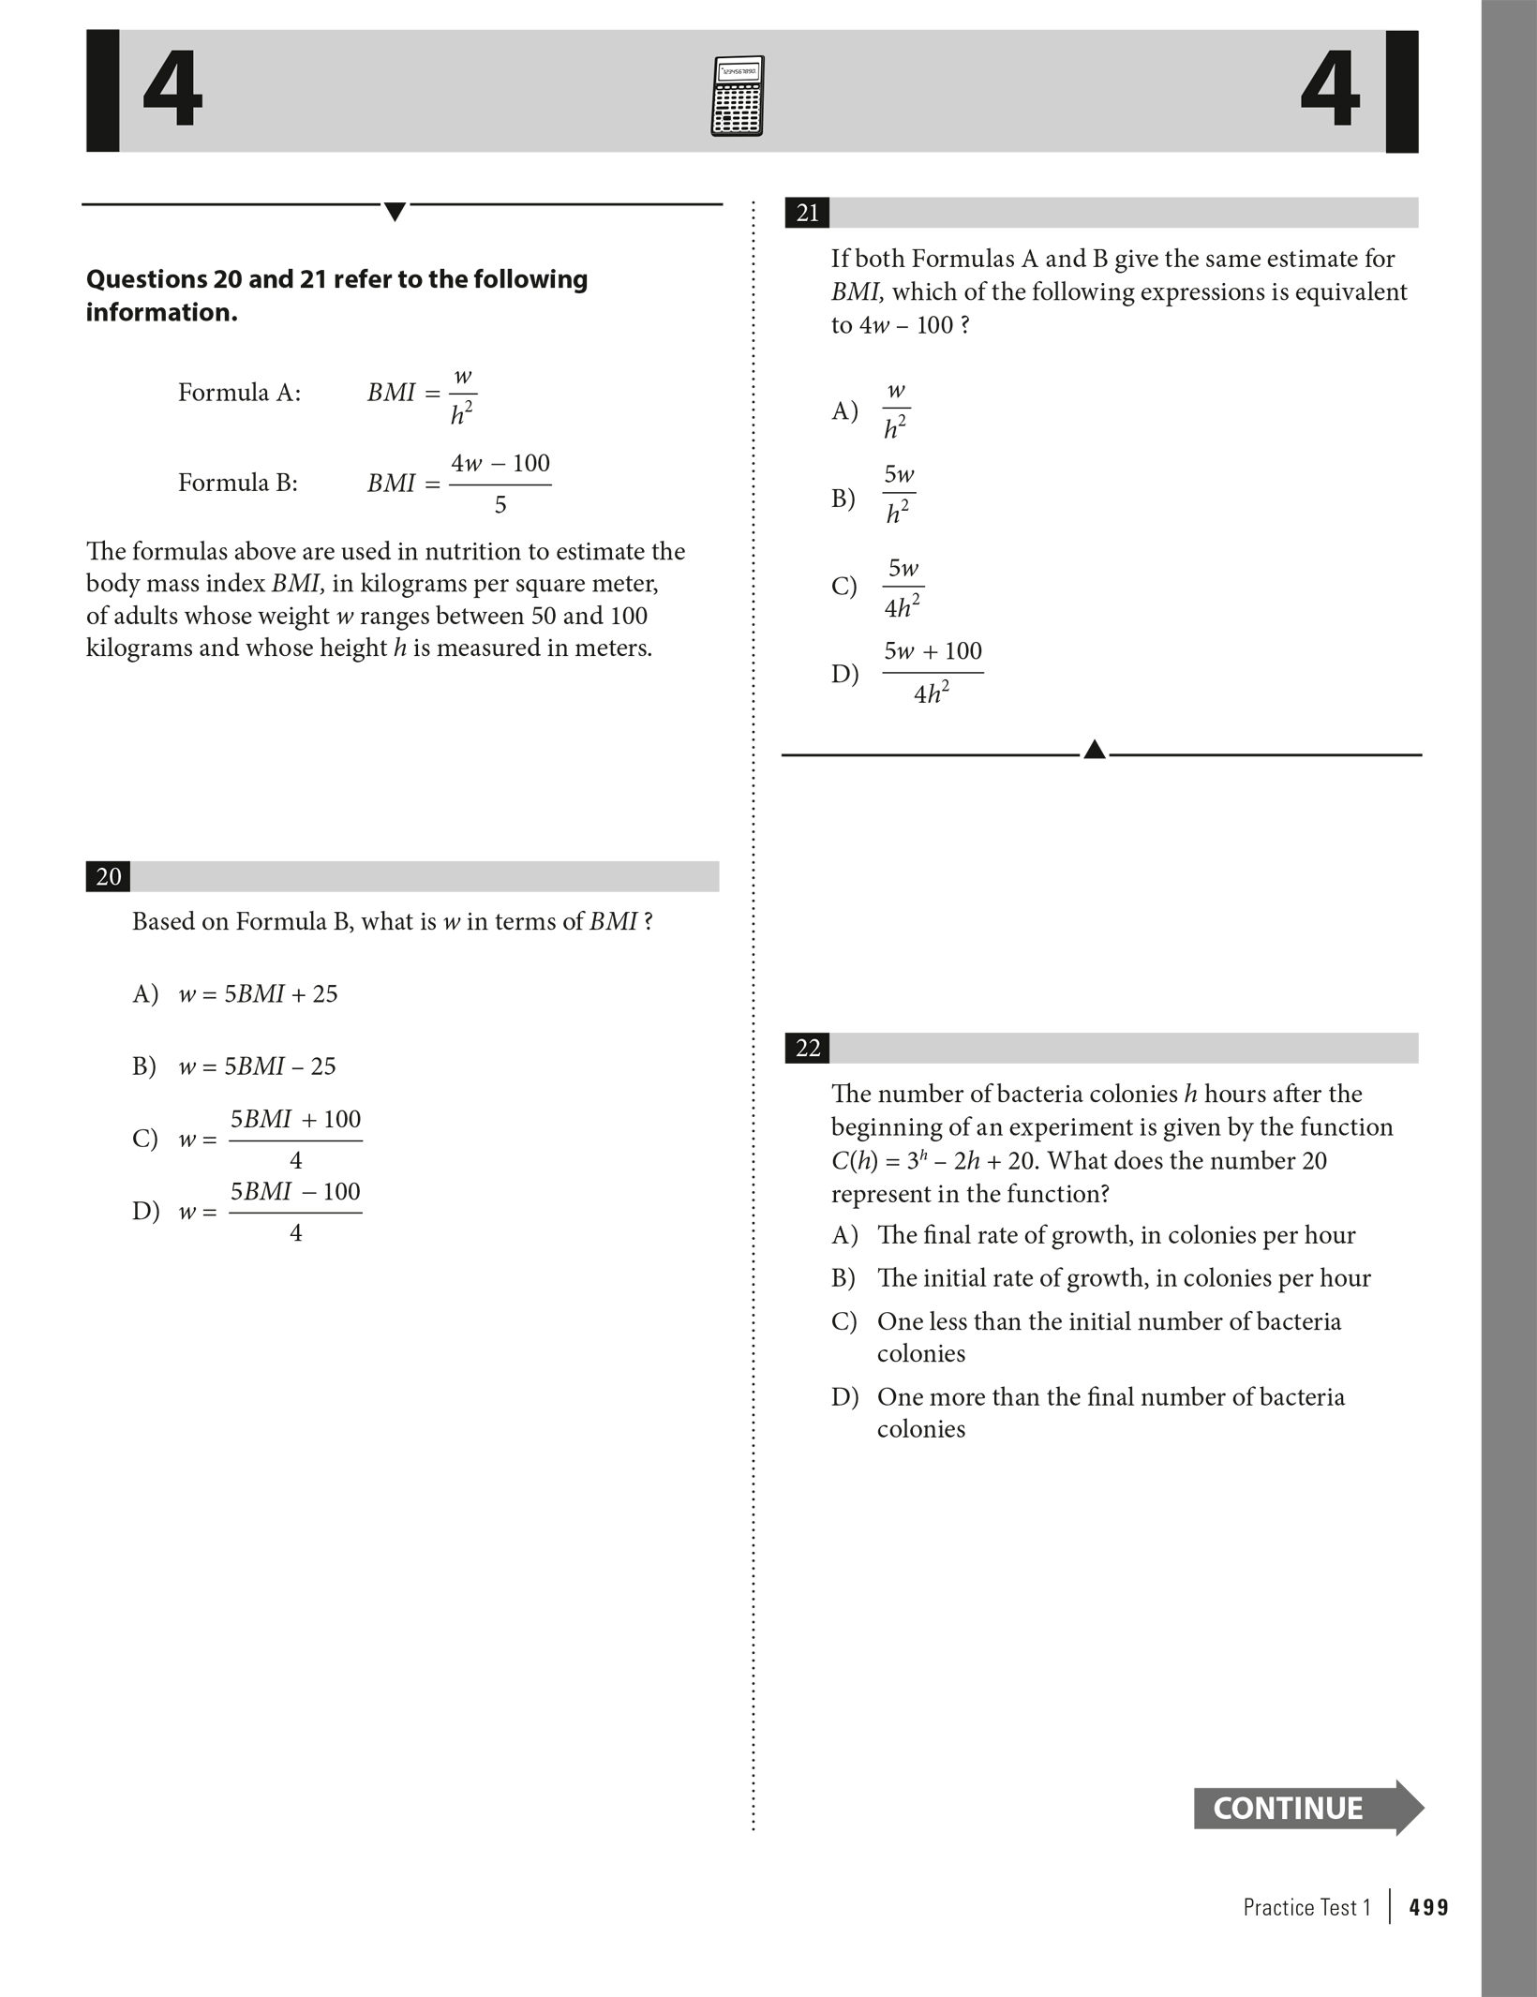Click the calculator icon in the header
point(737,96)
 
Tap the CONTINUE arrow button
point(1306,1807)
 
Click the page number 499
point(1428,1907)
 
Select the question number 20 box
point(109,876)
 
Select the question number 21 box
point(807,213)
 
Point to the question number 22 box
point(807,1048)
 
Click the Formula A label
point(240,393)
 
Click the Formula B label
point(238,483)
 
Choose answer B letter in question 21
point(843,498)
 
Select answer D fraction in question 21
point(933,672)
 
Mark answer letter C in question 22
point(843,1321)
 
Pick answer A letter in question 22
point(843,1235)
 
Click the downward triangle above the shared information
point(395,211)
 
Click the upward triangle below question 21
point(1094,750)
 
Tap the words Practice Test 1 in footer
point(1306,1907)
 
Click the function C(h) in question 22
point(854,1161)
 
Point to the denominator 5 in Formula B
point(500,505)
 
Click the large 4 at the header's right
point(1330,90)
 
